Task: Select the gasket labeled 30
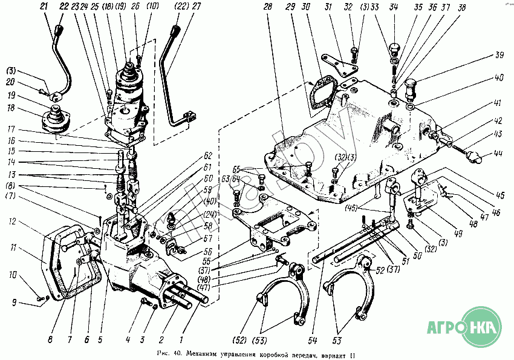click(x=319, y=97)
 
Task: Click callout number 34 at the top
click(x=394, y=7)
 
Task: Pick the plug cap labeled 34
click(x=394, y=47)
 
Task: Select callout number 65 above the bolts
click(x=236, y=169)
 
